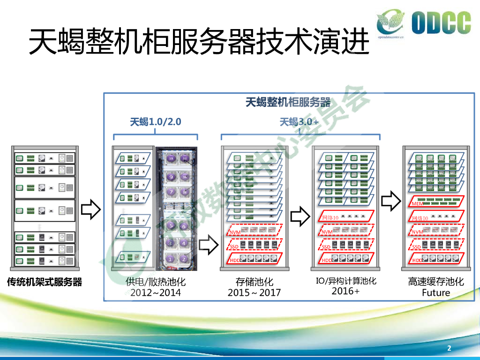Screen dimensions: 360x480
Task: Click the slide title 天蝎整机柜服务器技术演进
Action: (199, 42)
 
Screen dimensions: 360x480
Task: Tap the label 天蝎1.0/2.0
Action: (156, 122)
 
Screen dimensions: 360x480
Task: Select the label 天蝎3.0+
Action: (299, 122)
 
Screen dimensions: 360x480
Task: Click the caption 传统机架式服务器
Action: (45, 282)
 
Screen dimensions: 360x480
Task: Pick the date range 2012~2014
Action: (156, 293)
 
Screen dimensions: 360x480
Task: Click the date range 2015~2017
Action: (254, 293)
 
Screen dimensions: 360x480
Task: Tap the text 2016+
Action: (346, 291)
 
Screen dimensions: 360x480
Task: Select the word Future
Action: (435, 293)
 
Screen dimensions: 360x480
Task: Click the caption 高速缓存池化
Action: (435, 282)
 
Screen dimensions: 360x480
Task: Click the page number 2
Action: (449, 348)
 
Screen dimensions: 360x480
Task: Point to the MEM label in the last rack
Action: (417, 204)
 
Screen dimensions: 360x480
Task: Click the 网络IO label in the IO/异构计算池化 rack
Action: (330, 218)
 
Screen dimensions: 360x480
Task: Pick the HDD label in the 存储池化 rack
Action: (235, 260)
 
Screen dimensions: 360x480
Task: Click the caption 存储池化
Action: (254, 282)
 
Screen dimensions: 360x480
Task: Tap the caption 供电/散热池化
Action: (156, 282)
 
